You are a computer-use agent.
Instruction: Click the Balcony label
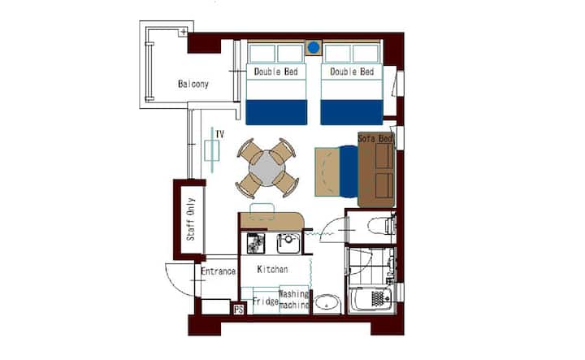point(193,84)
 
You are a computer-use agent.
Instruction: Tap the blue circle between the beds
point(314,47)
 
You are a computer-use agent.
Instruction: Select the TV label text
point(219,134)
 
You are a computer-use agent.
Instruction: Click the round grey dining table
point(267,168)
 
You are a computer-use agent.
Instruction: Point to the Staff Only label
point(191,219)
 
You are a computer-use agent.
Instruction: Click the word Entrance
point(219,271)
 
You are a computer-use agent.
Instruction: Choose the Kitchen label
point(272,269)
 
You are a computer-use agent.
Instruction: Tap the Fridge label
point(266,301)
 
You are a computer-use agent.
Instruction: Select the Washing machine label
point(294,300)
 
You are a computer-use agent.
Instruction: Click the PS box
point(238,309)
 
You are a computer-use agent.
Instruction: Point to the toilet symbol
point(381,225)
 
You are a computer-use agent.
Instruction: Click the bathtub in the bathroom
point(370,299)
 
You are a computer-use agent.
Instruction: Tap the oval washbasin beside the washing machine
point(327,303)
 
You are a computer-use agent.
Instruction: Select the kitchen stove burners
point(256,243)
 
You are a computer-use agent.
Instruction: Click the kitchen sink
point(288,243)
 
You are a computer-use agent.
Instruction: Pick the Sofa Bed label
point(375,138)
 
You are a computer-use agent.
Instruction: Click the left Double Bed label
point(275,72)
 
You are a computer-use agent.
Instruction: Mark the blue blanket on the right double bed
point(352,112)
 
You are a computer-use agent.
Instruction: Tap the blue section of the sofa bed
point(349,171)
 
